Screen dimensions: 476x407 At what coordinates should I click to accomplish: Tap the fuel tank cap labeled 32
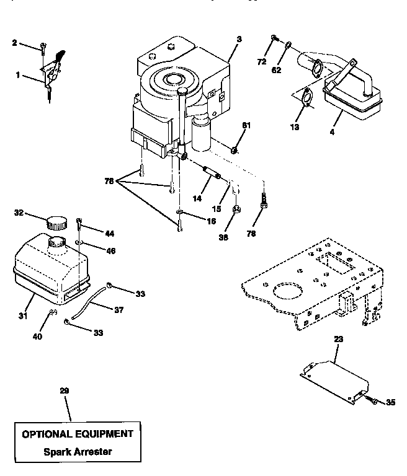[x=57, y=221]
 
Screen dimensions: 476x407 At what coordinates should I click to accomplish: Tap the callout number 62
[x=276, y=71]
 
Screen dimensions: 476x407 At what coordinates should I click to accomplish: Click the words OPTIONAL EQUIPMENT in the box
[x=78, y=434]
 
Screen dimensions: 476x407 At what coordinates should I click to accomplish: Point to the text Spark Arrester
[x=78, y=452]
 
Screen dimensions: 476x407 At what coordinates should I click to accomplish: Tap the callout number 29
[x=64, y=391]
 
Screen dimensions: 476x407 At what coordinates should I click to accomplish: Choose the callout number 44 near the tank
[x=109, y=234]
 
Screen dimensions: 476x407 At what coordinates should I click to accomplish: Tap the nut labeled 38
[x=236, y=211]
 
